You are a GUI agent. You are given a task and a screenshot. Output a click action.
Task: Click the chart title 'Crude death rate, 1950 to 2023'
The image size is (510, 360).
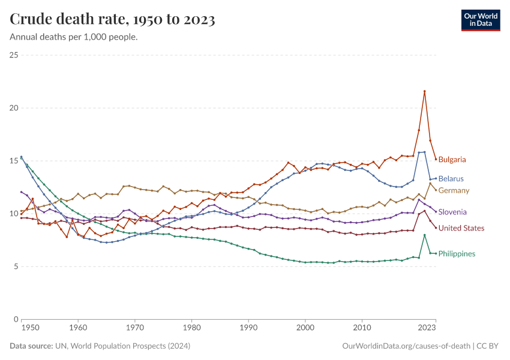pos(113,19)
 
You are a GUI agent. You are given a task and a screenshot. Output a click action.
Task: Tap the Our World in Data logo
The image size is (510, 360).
pos(480,20)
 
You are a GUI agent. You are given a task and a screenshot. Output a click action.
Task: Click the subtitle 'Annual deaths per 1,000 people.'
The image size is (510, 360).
pos(74,37)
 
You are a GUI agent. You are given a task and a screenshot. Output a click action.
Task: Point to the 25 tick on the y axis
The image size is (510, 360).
pos(14,55)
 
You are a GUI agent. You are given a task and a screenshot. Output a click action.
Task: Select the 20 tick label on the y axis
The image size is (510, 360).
pos(14,108)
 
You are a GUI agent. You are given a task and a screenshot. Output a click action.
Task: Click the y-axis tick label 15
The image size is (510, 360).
pos(14,161)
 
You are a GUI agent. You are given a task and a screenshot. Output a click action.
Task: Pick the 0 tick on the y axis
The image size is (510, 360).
pos(16,319)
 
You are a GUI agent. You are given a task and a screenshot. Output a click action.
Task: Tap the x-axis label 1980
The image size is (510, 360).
pos(191,328)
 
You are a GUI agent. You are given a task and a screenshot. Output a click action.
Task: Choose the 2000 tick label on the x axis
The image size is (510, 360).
pos(305,328)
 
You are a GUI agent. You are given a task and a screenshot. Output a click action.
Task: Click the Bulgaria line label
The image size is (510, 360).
pos(452,160)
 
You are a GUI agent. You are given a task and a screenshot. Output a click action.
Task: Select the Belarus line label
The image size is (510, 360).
pos(451,179)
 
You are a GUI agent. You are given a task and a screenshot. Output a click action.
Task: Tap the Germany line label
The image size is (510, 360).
pos(454,190)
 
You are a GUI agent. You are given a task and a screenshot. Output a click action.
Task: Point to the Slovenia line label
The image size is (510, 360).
pos(452,212)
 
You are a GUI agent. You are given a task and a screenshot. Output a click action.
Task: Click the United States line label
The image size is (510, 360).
pos(461,228)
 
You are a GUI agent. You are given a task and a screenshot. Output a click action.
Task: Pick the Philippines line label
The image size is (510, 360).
pos(457,254)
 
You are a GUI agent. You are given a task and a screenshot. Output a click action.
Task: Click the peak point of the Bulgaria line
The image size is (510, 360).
pos(424,91)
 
